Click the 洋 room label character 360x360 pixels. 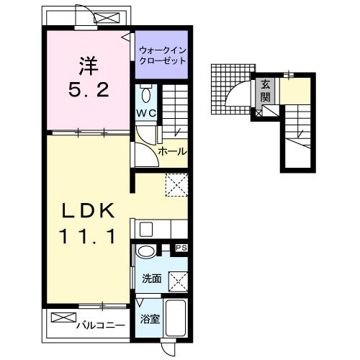pos(89,66)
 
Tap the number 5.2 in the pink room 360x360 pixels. pos(89,89)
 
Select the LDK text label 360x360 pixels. pos(88,210)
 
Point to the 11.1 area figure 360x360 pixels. pos(88,236)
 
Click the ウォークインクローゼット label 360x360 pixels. pos(163,55)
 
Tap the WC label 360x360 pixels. pos(146,113)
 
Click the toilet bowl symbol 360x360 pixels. pos(146,94)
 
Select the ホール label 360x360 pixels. pos(172,151)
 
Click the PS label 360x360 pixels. pos(181,248)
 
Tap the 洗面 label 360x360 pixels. pos(151,279)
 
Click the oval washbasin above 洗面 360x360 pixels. pos(145,252)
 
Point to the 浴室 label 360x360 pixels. pos(150,319)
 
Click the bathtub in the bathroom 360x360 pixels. pos(176,318)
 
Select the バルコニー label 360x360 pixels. pos(101,325)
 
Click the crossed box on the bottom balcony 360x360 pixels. pos(63,318)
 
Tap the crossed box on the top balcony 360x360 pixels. pos(107,18)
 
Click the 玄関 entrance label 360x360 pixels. pos(266,91)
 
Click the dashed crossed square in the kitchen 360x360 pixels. pos(176,185)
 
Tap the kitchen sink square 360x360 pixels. pos(146,229)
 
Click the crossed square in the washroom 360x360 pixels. pos(179,282)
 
